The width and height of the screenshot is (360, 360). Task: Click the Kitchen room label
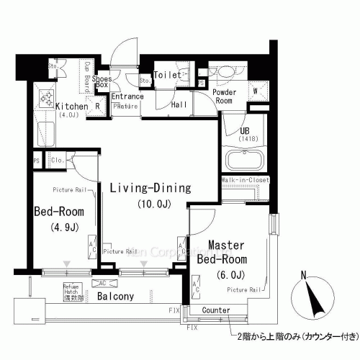pos(72,107)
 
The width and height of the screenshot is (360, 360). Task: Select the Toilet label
pos(167,74)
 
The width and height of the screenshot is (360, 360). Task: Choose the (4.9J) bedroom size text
pos(59,229)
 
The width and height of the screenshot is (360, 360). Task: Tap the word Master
pos(225,245)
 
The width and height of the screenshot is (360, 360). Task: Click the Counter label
pos(216,310)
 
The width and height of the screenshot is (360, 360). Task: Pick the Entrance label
pos(127,96)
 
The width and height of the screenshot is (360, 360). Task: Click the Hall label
pos(179,104)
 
